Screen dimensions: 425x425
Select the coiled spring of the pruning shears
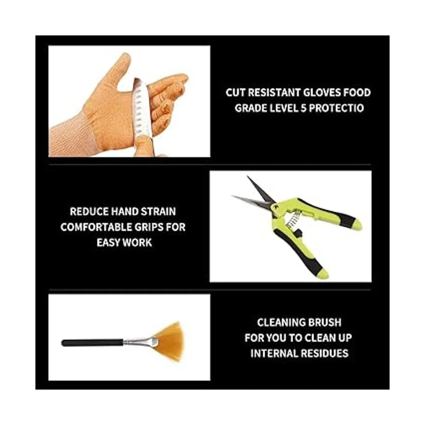tap(292, 220)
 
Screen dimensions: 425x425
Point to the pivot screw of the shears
tap(276, 207)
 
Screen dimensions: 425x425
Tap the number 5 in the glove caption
tap(304, 108)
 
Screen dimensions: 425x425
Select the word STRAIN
tap(158, 211)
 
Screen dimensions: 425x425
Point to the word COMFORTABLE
tap(96, 227)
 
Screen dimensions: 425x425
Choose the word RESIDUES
tap(325, 353)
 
